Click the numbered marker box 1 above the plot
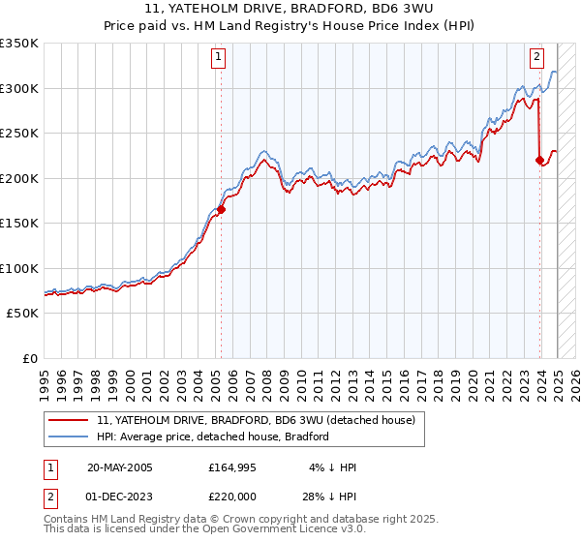[219, 57]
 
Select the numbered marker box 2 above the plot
[536, 57]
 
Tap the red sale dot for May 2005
[221, 208]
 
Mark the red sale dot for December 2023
[539, 160]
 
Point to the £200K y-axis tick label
[19, 178]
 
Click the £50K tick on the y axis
[23, 314]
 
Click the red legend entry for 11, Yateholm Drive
[256, 420]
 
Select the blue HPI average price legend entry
[213, 437]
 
